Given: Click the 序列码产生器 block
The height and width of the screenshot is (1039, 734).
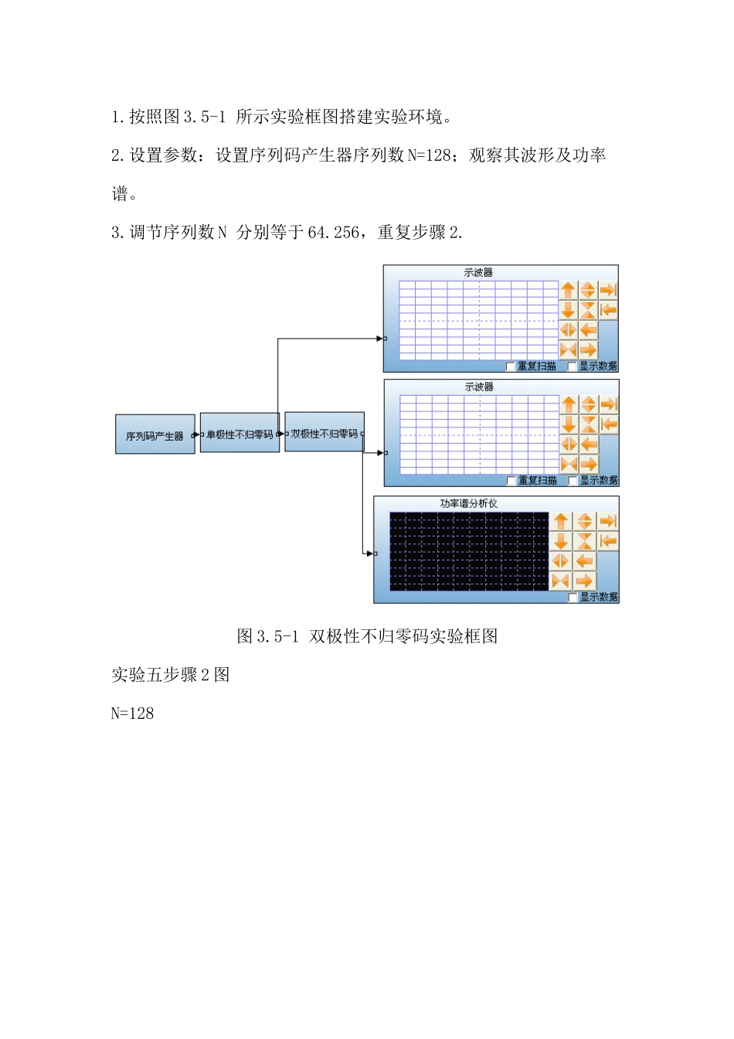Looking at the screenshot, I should click(x=155, y=435).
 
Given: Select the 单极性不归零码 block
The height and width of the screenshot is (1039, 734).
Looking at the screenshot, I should click(x=240, y=434).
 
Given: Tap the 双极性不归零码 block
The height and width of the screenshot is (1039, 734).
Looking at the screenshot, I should click(x=325, y=434).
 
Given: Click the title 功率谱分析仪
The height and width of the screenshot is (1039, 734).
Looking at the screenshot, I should click(x=468, y=503).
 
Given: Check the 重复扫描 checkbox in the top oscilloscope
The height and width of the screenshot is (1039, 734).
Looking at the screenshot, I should click(x=511, y=366).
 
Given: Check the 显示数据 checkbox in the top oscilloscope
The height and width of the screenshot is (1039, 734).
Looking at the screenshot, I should click(x=573, y=366).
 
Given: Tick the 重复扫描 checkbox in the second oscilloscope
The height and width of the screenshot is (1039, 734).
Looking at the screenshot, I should click(x=511, y=481).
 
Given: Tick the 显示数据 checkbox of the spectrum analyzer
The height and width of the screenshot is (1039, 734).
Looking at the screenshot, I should click(x=573, y=598).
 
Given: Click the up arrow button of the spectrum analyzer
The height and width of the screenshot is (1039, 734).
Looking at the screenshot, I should click(x=562, y=522).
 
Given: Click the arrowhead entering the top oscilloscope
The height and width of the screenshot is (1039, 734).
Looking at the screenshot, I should click(x=379, y=339).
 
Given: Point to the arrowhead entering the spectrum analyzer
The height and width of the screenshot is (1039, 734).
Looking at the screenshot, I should click(x=369, y=554).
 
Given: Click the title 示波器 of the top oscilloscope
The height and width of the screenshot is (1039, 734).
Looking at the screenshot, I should click(x=478, y=273).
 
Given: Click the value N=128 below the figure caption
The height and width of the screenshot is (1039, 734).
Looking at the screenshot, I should click(x=132, y=714).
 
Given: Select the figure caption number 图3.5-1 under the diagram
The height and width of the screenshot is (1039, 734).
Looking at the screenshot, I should click(x=267, y=636).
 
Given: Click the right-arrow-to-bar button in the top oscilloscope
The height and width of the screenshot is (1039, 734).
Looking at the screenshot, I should click(x=609, y=290).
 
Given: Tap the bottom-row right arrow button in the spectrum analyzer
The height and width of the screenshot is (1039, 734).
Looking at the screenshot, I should click(x=585, y=581).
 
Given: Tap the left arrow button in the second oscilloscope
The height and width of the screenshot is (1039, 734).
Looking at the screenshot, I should click(x=590, y=444).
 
